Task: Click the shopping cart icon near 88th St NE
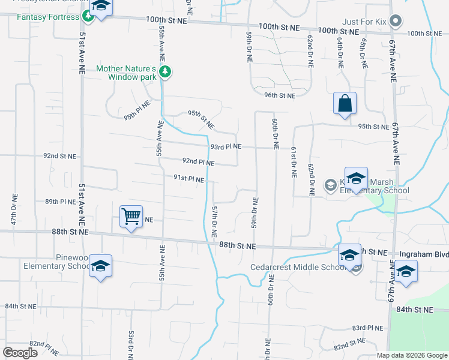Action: click(131, 216)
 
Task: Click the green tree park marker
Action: click(166, 73)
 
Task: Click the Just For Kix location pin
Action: click(395, 22)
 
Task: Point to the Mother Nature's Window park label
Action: click(127, 73)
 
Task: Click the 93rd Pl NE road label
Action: click(226, 147)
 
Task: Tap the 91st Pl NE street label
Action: click(188, 179)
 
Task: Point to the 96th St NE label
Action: click(280, 95)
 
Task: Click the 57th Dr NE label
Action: click(214, 219)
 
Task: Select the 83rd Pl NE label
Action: click(367, 328)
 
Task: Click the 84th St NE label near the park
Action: click(414, 310)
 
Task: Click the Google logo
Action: click(20, 353)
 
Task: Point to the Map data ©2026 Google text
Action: click(411, 355)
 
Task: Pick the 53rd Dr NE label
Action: click(131, 345)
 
